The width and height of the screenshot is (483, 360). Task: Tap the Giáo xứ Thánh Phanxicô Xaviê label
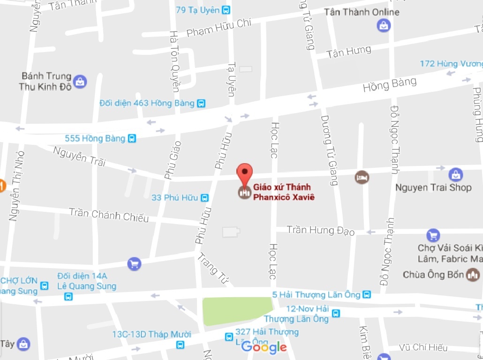pyautogui.click(x=283, y=192)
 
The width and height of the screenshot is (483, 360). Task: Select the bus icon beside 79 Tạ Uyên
pyautogui.click(x=226, y=10)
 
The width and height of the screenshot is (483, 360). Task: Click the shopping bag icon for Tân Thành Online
pyautogui.click(x=384, y=25)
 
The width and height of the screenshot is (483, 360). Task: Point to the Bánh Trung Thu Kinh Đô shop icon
pyautogui.click(x=80, y=82)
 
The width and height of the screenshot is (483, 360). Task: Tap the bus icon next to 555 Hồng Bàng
pyautogui.click(x=132, y=138)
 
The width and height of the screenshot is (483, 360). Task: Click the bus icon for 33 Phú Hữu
pyautogui.click(x=204, y=198)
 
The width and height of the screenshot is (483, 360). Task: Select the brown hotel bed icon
pyautogui.click(x=362, y=178)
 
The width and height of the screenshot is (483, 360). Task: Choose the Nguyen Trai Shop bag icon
pyautogui.click(x=455, y=175)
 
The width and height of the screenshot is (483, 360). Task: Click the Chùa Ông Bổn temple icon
pyautogui.click(x=473, y=275)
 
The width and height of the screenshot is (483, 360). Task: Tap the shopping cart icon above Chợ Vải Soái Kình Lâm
pyautogui.click(x=433, y=235)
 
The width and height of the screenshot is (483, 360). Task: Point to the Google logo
pyautogui.click(x=264, y=347)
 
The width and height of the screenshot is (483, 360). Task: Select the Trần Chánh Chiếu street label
pyautogui.click(x=109, y=215)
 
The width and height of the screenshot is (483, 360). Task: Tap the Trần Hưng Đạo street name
pyautogui.click(x=321, y=230)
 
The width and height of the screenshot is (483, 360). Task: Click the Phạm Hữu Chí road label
pyautogui.click(x=219, y=28)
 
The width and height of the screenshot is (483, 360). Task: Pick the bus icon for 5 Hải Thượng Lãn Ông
pyautogui.click(x=367, y=294)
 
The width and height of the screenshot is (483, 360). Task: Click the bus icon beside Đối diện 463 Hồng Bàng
pyautogui.click(x=201, y=103)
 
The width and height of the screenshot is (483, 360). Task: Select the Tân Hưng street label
pyautogui.click(x=349, y=52)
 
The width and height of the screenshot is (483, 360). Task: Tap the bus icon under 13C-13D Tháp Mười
pyautogui.click(x=180, y=345)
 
